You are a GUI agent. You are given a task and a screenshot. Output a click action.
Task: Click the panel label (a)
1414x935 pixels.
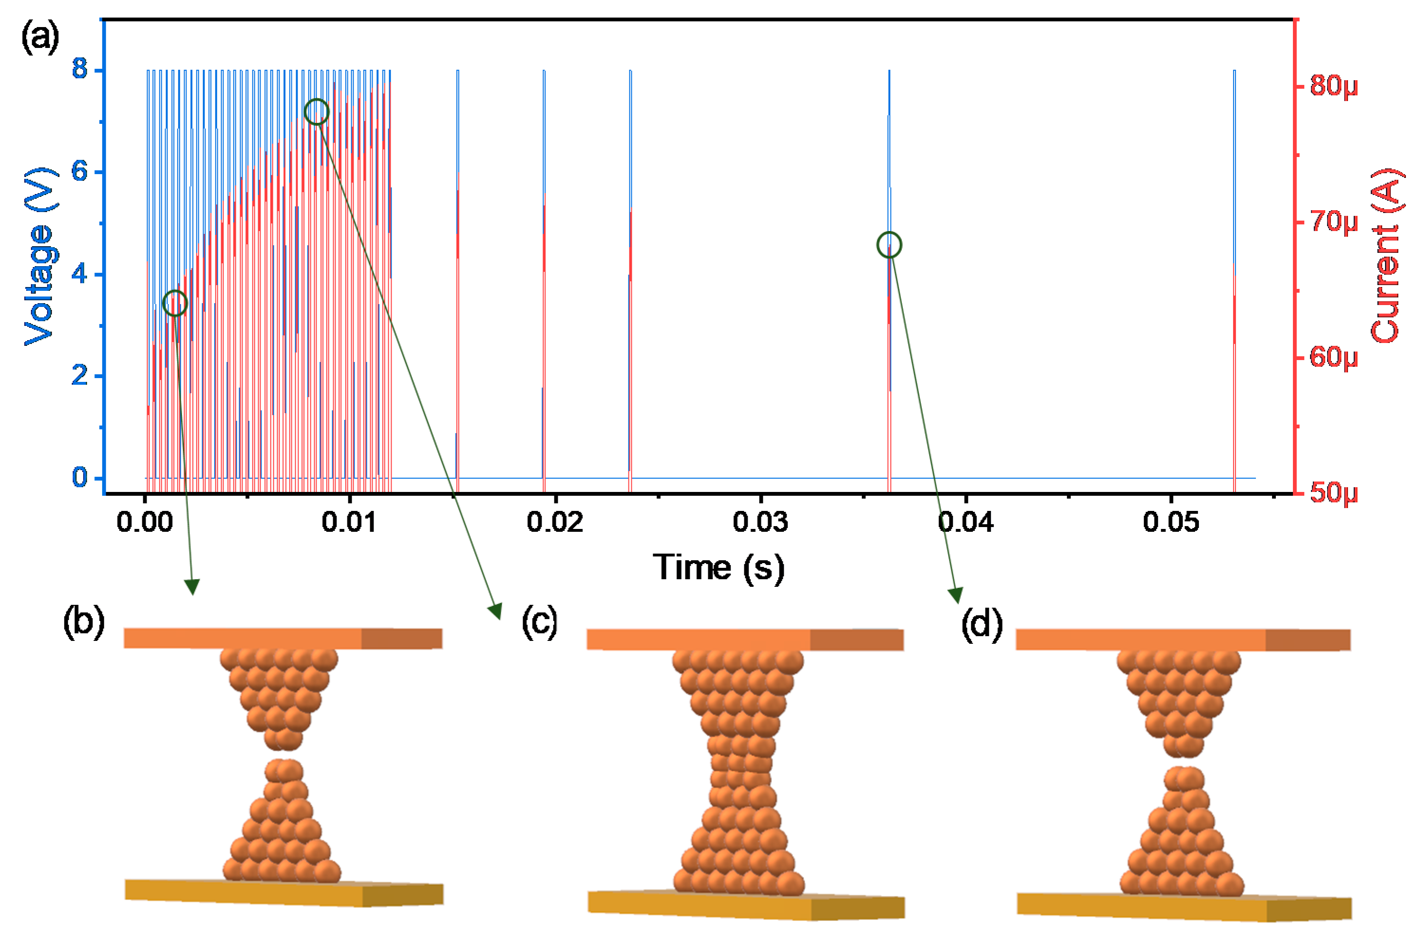(x=40, y=37)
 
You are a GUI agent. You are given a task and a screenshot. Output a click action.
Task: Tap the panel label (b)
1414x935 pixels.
(x=84, y=622)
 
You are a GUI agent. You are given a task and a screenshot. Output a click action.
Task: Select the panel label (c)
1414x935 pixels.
(x=539, y=621)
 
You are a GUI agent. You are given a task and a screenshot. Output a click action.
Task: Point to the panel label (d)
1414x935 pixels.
(x=982, y=624)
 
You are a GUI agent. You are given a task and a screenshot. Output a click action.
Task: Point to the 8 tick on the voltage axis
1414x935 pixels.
(x=80, y=69)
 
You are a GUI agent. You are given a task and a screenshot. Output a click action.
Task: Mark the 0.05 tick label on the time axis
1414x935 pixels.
(x=1171, y=522)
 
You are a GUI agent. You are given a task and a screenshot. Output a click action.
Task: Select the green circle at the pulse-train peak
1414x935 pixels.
(x=316, y=112)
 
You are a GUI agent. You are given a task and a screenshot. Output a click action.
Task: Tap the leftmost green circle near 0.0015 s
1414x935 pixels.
(x=175, y=303)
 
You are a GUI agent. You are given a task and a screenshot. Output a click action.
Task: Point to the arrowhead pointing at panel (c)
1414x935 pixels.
(x=495, y=611)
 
